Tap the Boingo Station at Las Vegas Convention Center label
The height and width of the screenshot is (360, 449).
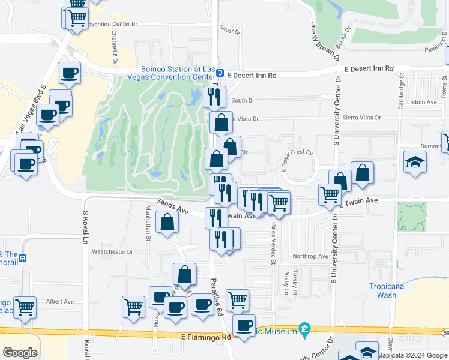[x=178, y=73]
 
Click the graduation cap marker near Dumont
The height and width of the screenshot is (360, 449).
[x=415, y=163]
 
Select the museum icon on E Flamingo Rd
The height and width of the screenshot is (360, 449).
[x=304, y=330]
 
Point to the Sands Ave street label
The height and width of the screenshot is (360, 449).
[x=173, y=208]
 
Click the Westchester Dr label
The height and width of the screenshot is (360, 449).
[x=113, y=252]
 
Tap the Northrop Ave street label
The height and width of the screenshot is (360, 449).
[x=310, y=256]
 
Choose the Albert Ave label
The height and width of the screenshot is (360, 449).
[x=59, y=301]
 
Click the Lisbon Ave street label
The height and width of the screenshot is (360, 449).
[x=423, y=102]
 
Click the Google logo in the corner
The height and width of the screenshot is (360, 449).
[x=20, y=353]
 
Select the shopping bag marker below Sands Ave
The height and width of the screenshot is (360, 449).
[x=167, y=222]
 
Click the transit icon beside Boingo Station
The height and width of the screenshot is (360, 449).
[x=220, y=74]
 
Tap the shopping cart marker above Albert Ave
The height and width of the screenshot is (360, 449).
[x=133, y=306]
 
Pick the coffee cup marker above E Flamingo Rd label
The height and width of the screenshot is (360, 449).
[x=244, y=326]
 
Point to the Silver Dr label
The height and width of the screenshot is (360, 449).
[x=229, y=29]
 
